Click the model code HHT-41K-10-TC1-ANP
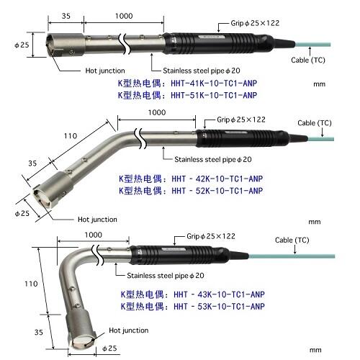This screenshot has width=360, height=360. point(214,84)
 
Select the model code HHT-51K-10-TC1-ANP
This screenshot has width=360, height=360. point(214,95)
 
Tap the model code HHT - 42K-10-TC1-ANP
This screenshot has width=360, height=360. point(217,179)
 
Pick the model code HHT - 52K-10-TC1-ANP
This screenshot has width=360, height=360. point(217,191)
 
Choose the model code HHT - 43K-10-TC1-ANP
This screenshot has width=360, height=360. point(219,294)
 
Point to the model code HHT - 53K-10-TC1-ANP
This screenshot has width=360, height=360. point(219,307)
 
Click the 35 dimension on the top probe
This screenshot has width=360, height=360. point(66,16)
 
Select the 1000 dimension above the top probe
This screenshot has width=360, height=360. point(124,16)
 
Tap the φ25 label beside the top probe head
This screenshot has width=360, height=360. point(22,45)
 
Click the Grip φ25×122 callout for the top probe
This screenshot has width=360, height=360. point(255,23)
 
